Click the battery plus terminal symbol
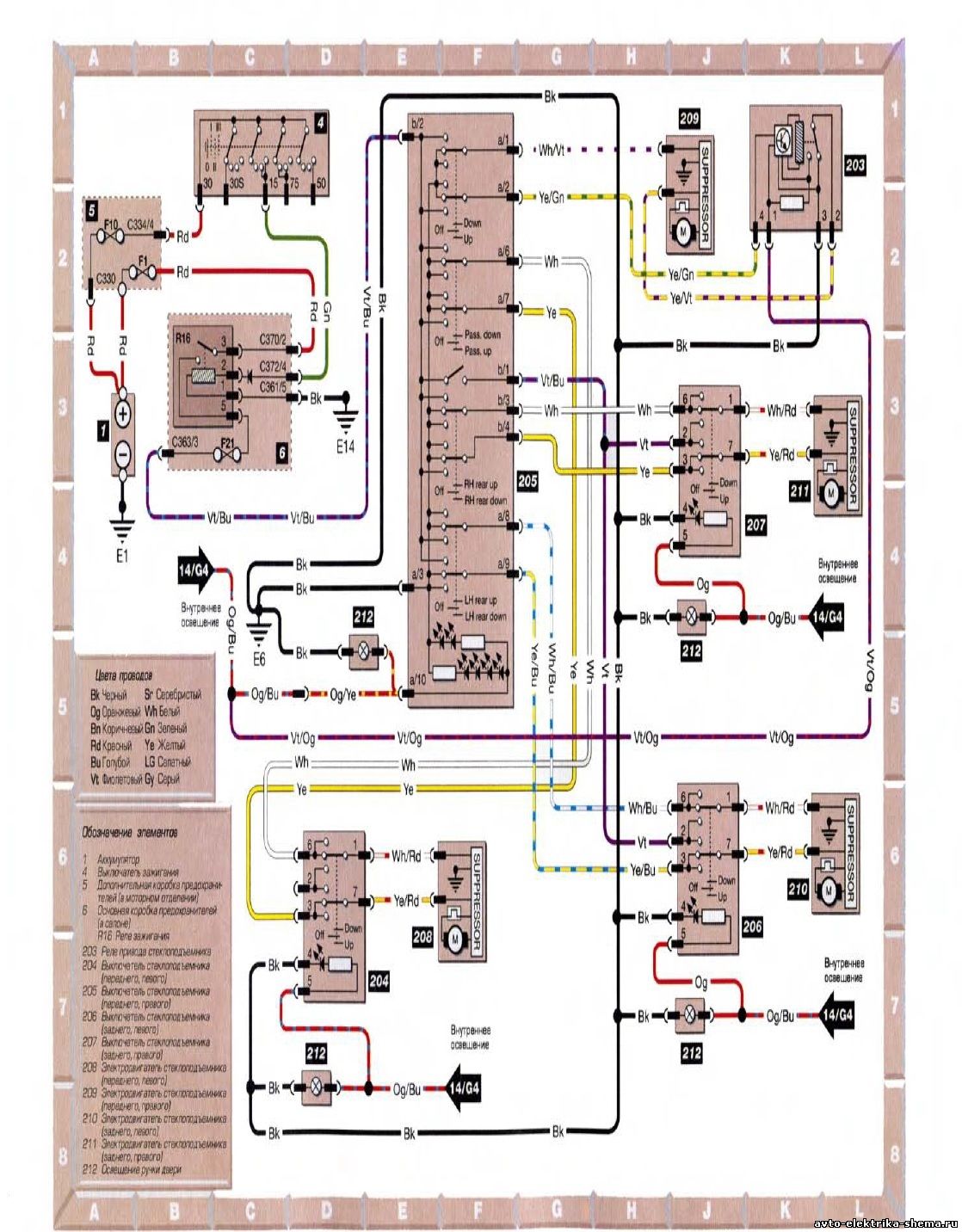click(x=122, y=415)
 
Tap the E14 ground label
click(x=346, y=447)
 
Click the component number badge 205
click(x=527, y=482)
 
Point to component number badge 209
click(x=688, y=120)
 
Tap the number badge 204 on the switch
click(x=378, y=980)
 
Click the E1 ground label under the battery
click(x=122, y=555)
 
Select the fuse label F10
click(x=111, y=224)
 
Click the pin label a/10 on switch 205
click(x=418, y=680)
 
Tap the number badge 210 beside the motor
click(x=798, y=889)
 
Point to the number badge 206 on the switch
click(x=751, y=927)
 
